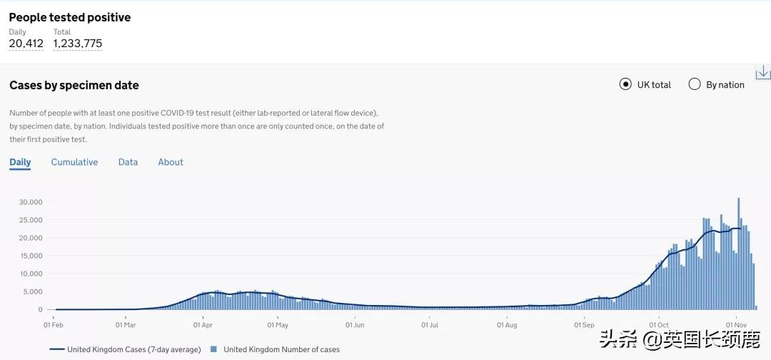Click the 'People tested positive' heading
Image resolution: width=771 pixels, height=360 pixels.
[70, 17]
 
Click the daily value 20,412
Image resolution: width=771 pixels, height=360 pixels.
[26, 44]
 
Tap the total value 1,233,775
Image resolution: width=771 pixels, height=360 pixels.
[78, 44]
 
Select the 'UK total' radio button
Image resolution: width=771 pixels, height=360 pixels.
[626, 84]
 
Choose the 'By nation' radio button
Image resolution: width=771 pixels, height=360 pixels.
[695, 84]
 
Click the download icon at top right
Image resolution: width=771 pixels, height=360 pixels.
[762, 72]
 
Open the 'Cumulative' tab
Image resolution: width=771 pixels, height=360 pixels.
[74, 162]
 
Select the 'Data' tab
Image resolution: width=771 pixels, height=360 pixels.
[128, 162]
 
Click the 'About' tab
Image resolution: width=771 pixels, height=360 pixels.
[171, 162]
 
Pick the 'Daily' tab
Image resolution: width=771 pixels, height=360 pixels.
[20, 162]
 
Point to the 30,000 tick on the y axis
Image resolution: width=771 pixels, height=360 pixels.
[31, 202]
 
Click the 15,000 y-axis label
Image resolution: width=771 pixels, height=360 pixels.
[31, 256]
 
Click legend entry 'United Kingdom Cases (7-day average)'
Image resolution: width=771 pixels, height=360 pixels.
[125, 349]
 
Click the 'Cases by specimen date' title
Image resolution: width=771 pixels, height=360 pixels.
[74, 85]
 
